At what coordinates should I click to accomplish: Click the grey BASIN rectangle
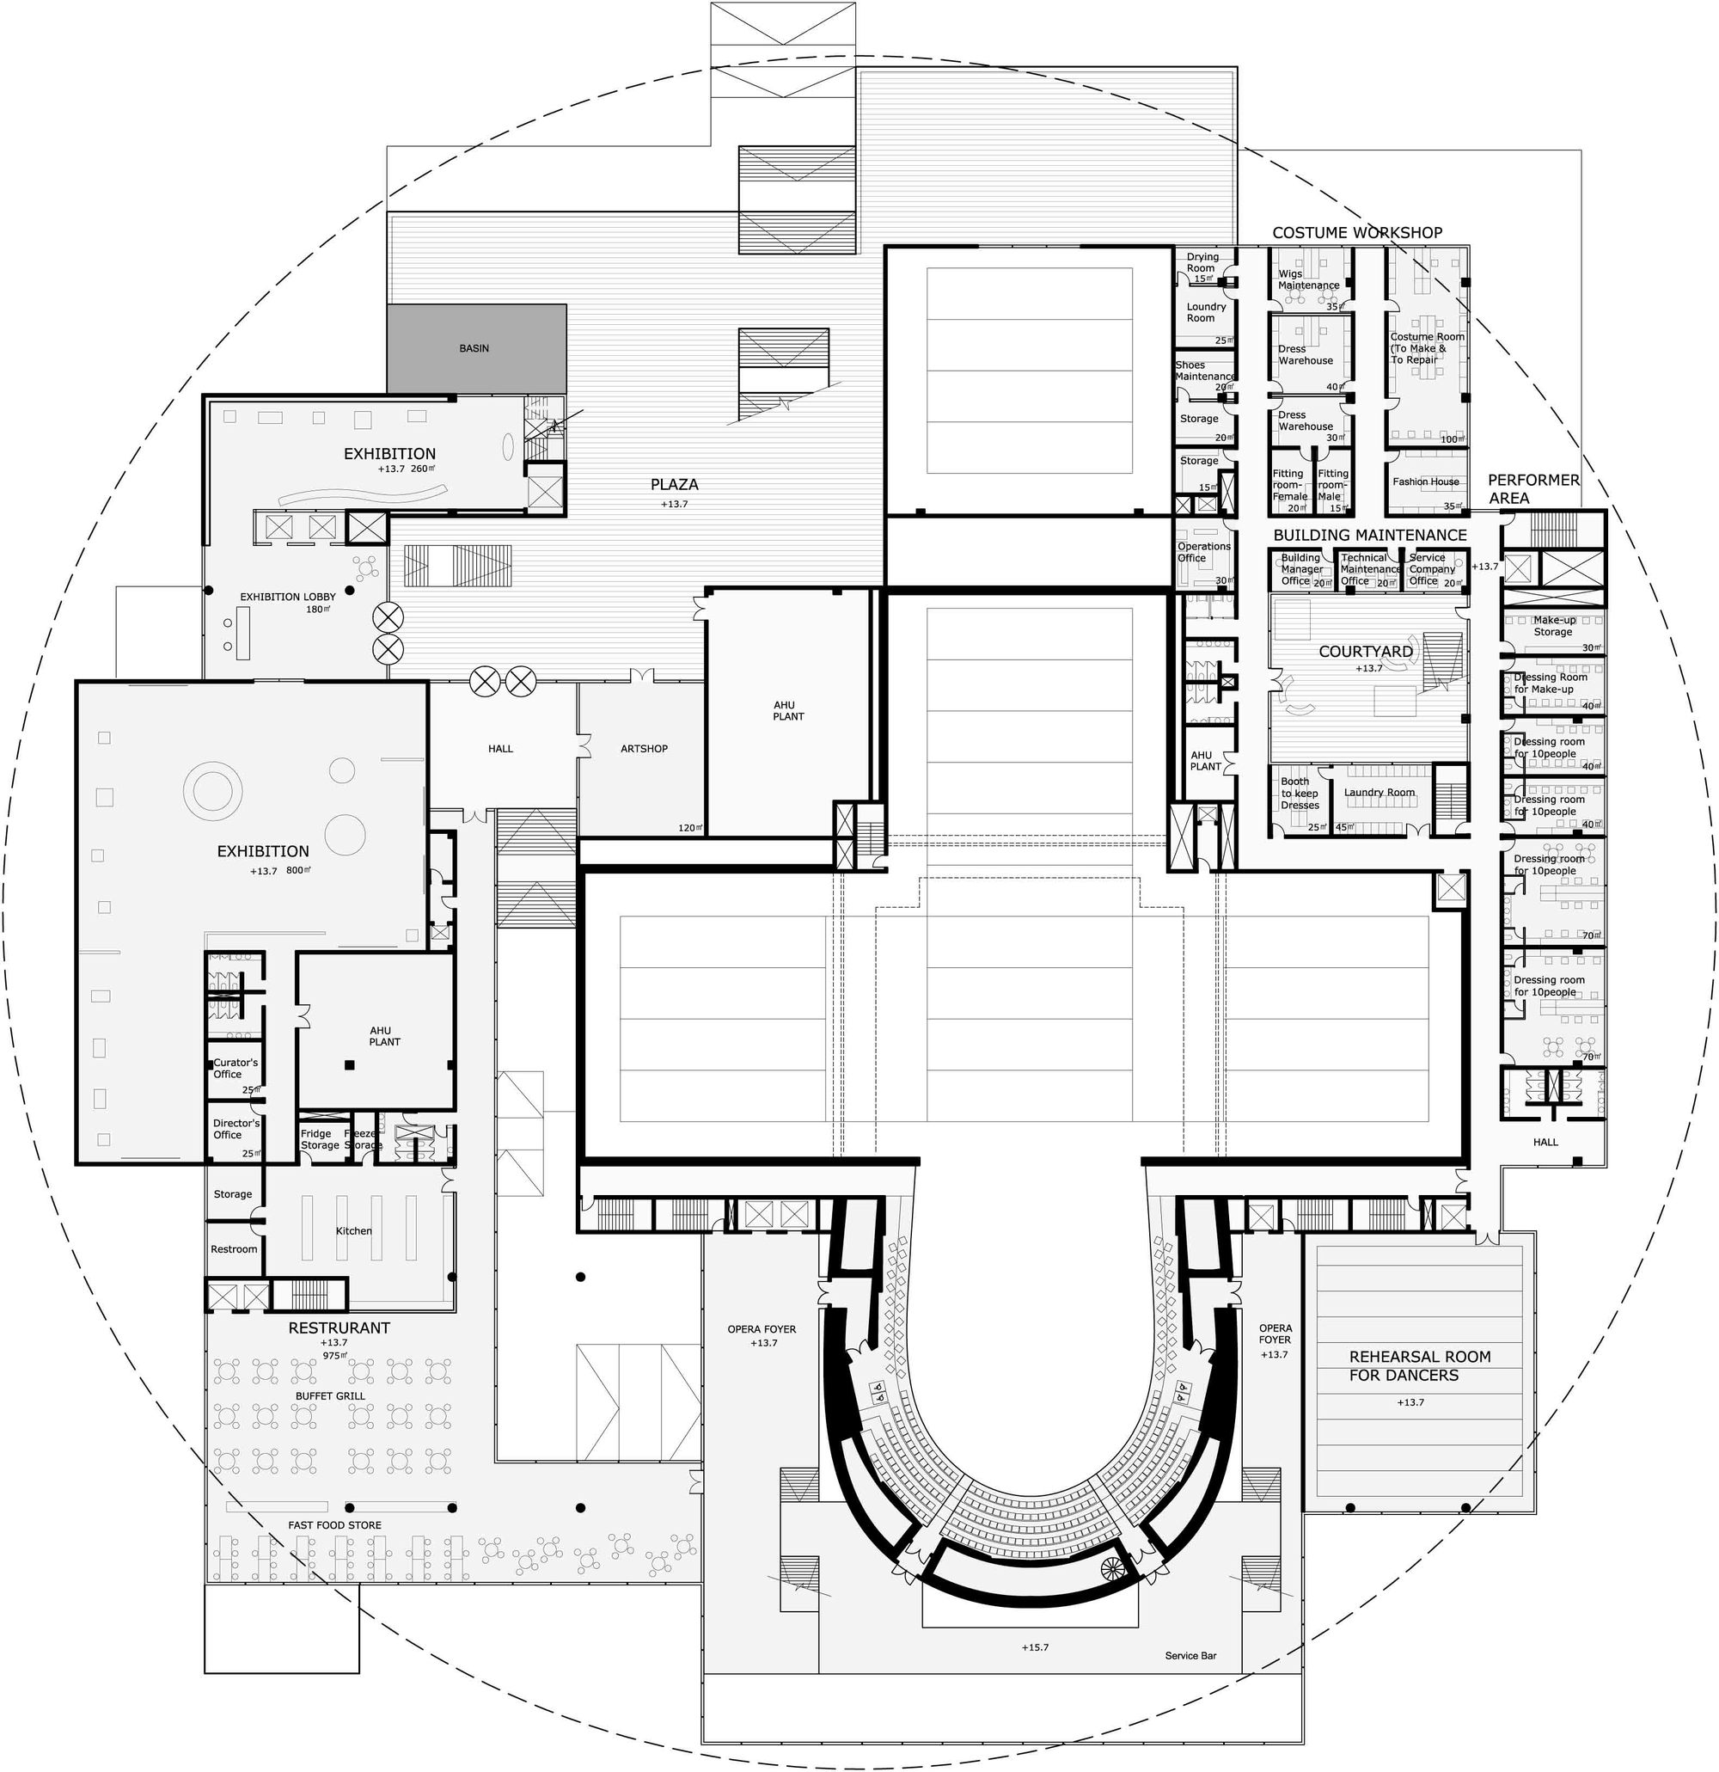click(475, 348)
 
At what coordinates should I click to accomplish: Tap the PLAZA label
click(674, 485)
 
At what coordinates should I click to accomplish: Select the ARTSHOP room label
click(644, 749)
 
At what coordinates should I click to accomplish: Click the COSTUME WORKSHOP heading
click(1356, 232)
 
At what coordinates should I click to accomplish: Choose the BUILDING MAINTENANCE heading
click(1369, 536)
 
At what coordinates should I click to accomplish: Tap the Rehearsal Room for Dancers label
click(1419, 1365)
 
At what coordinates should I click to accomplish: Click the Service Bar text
click(1190, 1655)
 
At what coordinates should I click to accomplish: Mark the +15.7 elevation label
click(1035, 1647)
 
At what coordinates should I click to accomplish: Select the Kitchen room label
click(353, 1230)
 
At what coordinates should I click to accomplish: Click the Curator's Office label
click(235, 1068)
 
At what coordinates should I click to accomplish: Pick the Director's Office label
click(235, 1128)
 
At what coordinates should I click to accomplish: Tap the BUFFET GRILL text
click(331, 1396)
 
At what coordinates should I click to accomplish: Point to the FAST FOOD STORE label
click(334, 1525)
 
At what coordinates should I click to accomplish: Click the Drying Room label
click(1202, 262)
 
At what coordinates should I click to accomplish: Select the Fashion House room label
click(1425, 481)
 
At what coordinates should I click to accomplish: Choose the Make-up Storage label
click(1553, 626)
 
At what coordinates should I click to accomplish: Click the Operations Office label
click(1203, 551)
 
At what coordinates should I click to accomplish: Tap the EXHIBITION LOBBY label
click(287, 597)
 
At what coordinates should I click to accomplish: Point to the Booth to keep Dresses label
click(1300, 793)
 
